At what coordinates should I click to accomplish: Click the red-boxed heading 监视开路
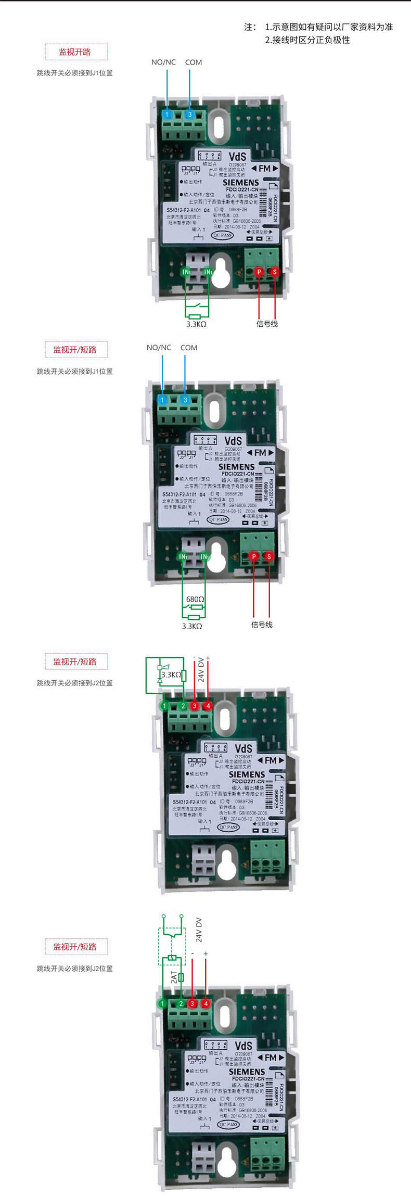click(x=75, y=52)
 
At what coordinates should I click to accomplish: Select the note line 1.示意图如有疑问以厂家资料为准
click(x=329, y=27)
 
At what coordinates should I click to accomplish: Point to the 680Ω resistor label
click(x=195, y=599)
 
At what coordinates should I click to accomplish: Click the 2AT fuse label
click(x=174, y=977)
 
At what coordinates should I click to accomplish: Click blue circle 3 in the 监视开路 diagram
click(x=190, y=114)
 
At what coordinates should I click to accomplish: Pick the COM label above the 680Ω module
click(x=189, y=348)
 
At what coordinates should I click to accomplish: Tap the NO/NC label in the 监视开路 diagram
click(x=163, y=62)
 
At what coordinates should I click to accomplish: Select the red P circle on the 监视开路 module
click(x=259, y=272)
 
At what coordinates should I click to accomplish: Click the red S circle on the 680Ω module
click(x=269, y=556)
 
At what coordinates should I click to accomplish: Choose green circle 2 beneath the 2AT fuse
click(x=181, y=1003)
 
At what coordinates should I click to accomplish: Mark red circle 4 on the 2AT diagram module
click(x=206, y=1003)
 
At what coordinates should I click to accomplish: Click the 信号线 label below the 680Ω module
click(x=262, y=625)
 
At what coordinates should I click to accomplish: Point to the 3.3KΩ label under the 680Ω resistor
click(x=192, y=626)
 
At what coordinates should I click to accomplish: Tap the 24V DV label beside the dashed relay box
click(x=199, y=930)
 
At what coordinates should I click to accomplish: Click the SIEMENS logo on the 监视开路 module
click(x=240, y=183)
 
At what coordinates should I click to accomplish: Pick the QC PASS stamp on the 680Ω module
click(x=218, y=519)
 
